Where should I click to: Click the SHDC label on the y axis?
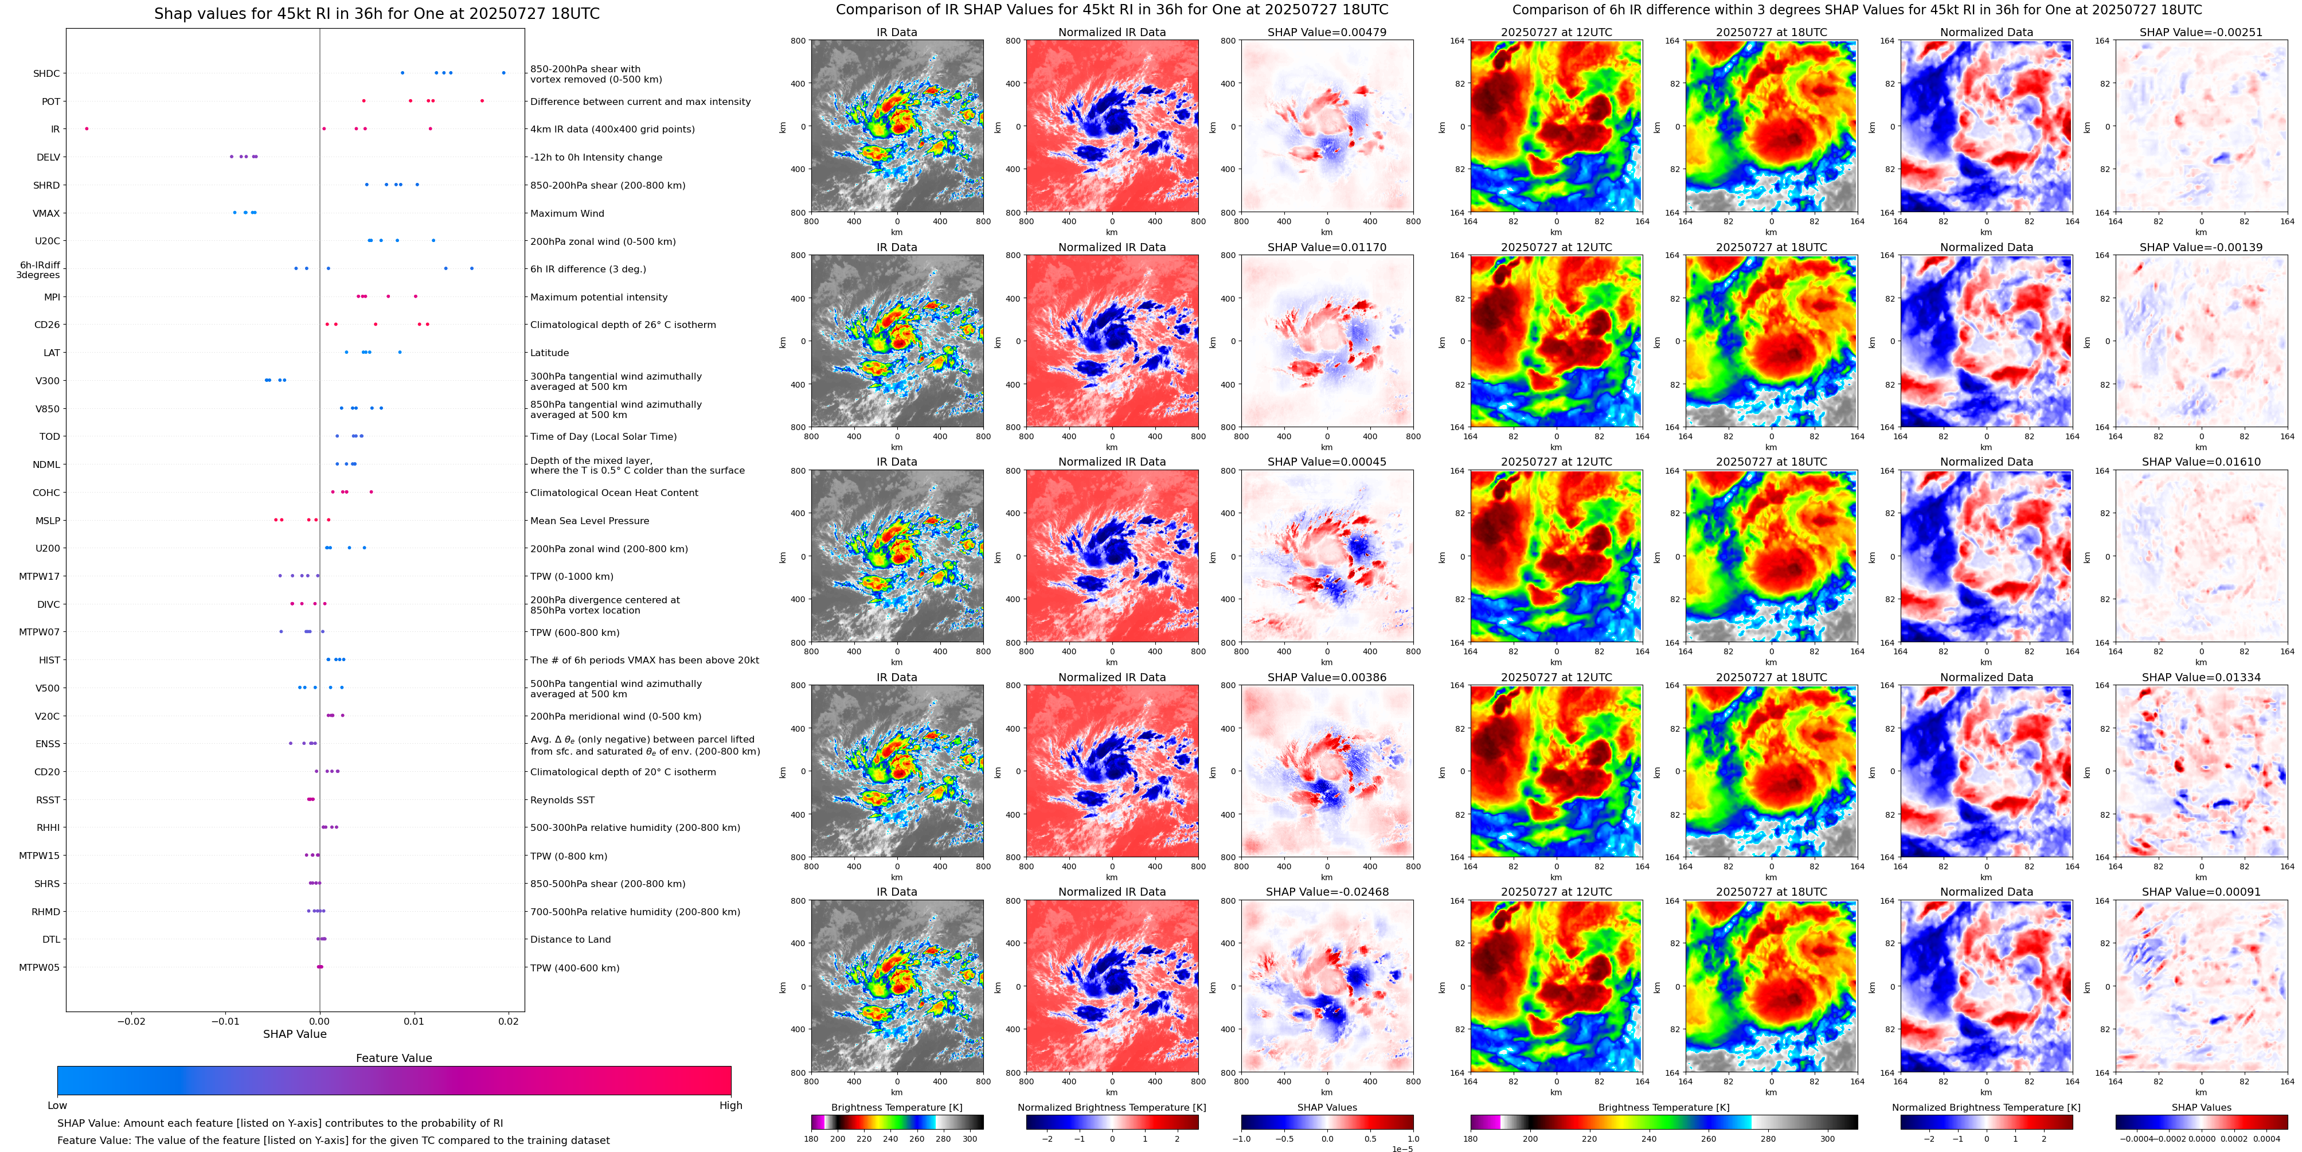pos(46,73)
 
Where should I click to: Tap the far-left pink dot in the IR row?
pos(87,128)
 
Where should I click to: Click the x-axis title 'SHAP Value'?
pos(294,1034)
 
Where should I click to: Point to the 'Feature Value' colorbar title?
pos(393,1058)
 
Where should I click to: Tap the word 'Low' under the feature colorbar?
pos(57,1106)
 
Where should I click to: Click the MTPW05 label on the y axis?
pos(40,967)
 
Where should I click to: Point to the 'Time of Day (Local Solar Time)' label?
pos(603,437)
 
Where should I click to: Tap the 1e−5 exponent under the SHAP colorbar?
pos(1402,1149)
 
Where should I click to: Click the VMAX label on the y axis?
pos(46,213)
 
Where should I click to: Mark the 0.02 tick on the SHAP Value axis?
pos(509,1021)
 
